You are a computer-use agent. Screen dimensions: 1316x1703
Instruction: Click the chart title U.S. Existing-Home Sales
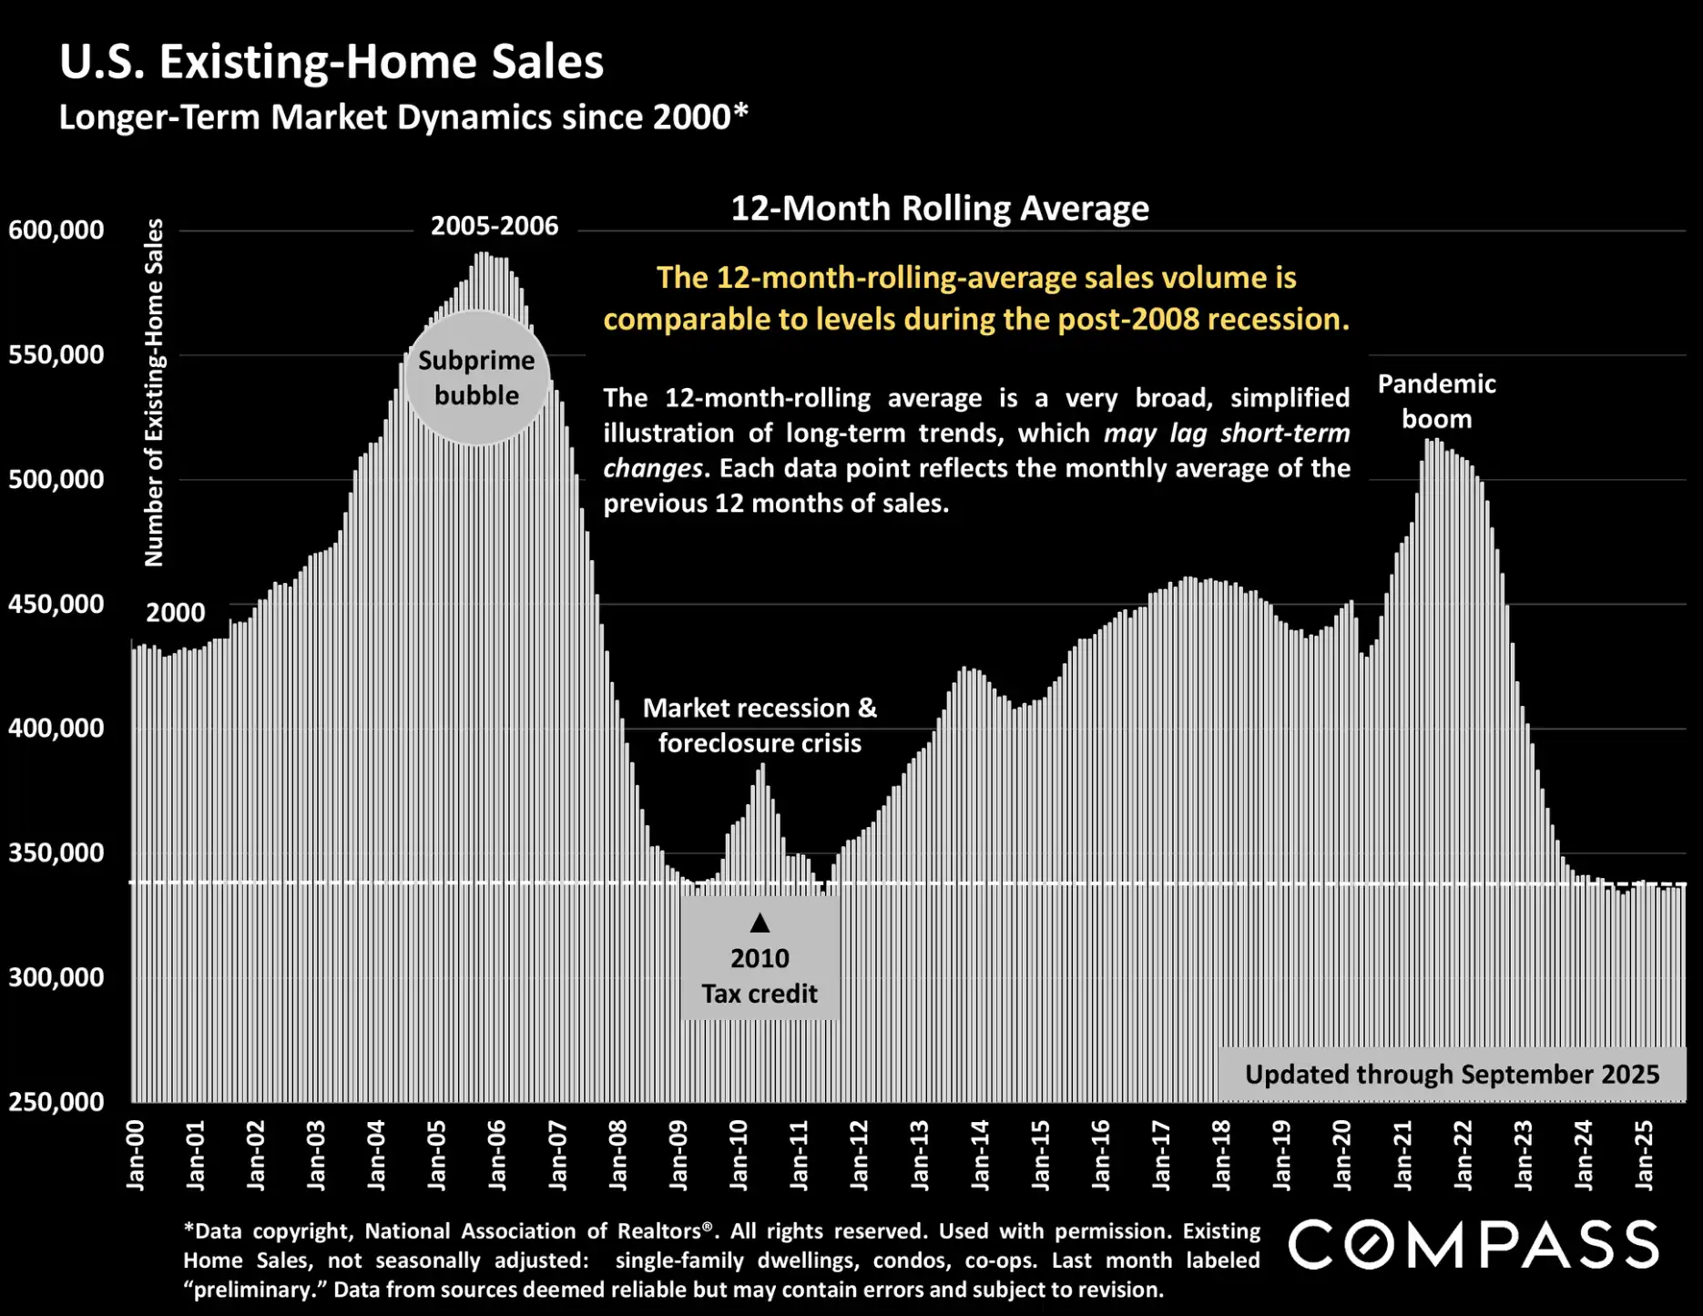[331, 62]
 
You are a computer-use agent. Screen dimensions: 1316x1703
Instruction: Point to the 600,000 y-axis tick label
[56, 230]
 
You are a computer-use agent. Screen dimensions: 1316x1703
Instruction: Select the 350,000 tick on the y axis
[56, 853]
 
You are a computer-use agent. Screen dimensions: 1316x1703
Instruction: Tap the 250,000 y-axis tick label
[56, 1102]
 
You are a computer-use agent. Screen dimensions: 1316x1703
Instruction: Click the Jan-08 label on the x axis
[618, 1155]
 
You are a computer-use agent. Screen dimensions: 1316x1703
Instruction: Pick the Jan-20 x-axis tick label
[1342, 1155]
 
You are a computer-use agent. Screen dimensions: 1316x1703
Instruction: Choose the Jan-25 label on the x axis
[1645, 1155]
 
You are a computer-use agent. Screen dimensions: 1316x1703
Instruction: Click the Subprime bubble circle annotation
[476, 378]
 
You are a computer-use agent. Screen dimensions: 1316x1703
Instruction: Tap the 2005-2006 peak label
[495, 226]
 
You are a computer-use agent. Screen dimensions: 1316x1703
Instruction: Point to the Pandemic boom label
[1436, 402]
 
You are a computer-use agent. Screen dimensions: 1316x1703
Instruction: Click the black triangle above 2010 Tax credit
[760, 923]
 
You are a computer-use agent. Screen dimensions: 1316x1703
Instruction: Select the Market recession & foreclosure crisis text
[760, 726]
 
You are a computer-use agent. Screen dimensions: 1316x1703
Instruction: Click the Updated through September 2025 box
[1452, 1075]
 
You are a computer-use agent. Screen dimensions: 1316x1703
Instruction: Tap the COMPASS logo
[1474, 1245]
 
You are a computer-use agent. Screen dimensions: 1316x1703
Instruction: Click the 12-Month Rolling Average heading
[940, 209]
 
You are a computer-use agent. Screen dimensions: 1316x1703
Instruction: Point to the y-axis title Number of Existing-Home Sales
[154, 392]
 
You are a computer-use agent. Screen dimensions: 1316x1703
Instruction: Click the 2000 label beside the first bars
[176, 613]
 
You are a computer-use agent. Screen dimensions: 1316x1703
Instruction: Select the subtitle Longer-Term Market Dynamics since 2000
[403, 117]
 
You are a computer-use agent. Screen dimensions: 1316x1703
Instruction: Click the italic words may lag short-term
[1227, 434]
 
